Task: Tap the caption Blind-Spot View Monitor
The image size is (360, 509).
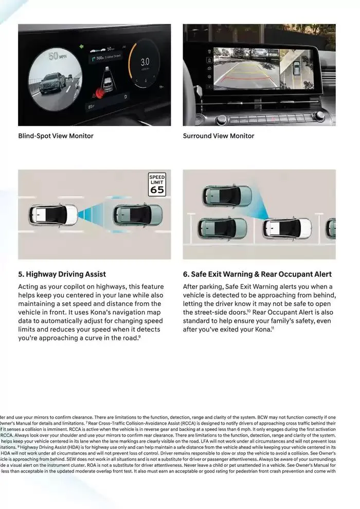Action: pos(56,136)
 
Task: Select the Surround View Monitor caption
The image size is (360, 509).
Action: pos(219,136)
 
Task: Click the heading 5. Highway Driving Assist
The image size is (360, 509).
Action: pos(62,274)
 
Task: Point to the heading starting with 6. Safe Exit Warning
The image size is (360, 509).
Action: pos(257,274)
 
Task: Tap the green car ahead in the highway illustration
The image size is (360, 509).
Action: pos(137,214)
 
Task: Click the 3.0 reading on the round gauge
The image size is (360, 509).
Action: pos(145,62)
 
